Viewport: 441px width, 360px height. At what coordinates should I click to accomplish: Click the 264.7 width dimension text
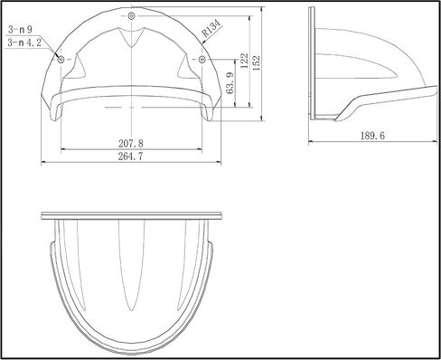[x=131, y=156]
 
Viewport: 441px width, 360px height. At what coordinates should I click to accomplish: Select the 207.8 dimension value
[x=131, y=144]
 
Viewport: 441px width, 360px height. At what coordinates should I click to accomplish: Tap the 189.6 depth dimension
[x=372, y=136]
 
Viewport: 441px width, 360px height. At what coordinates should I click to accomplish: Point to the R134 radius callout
[x=211, y=28]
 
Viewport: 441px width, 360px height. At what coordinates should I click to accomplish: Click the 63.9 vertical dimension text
[x=230, y=83]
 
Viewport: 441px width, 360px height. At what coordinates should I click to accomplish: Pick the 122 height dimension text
[x=244, y=61]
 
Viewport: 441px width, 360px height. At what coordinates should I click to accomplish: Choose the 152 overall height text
[x=257, y=62]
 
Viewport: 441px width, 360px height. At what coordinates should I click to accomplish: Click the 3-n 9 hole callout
[x=20, y=30]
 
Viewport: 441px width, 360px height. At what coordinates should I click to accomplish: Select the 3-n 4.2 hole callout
[x=24, y=43]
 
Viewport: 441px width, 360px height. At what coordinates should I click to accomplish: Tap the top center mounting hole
[x=131, y=16]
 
